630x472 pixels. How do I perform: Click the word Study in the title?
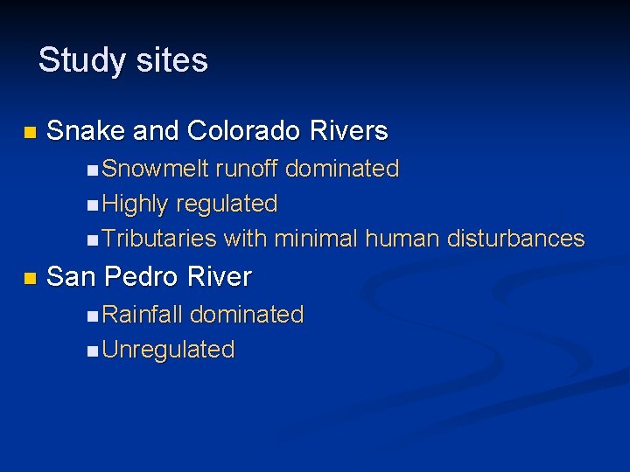(79, 61)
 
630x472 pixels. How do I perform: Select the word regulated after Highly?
(227, 205)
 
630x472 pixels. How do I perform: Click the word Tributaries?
(159, 239)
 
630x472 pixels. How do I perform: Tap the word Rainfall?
(143, 315)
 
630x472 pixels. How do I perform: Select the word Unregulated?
(168, 350)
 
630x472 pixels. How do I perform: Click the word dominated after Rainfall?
(247, 315)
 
